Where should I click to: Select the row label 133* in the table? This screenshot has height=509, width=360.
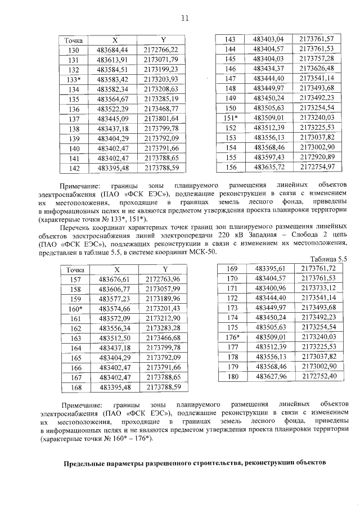(74, 79)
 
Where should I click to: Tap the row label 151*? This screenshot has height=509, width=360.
(229, 118)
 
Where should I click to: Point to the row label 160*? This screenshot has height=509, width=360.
(75, 309)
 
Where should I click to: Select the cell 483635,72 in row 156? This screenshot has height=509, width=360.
(270, 167)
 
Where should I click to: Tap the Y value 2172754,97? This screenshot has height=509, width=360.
(317, 167)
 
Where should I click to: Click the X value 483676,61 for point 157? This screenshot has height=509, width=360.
(115, 280)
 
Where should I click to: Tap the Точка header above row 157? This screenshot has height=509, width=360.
(75, 270)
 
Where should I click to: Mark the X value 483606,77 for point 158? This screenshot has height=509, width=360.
(115, 289)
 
